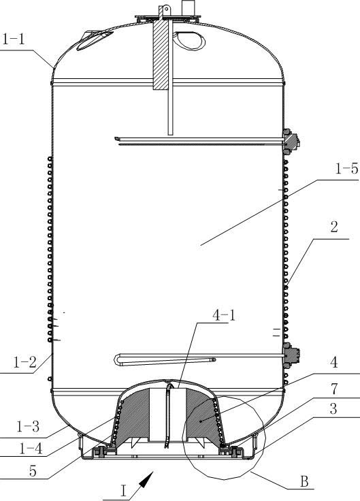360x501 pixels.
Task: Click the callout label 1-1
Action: tap(14, 39)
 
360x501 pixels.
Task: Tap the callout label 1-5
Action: tap(346, 168)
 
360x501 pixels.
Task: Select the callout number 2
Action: tap(334, 227)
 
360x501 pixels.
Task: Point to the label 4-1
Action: tap(224, 315)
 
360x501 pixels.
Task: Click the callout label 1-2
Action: tap(24, 362)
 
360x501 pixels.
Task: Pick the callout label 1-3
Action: tap(28, 426)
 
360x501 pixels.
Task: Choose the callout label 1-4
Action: tap(31, 449)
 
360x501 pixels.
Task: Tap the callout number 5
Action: tap(33, 471)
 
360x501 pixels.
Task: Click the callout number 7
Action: tap(334, 389)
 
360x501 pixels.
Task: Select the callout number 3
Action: tap(333, 408)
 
